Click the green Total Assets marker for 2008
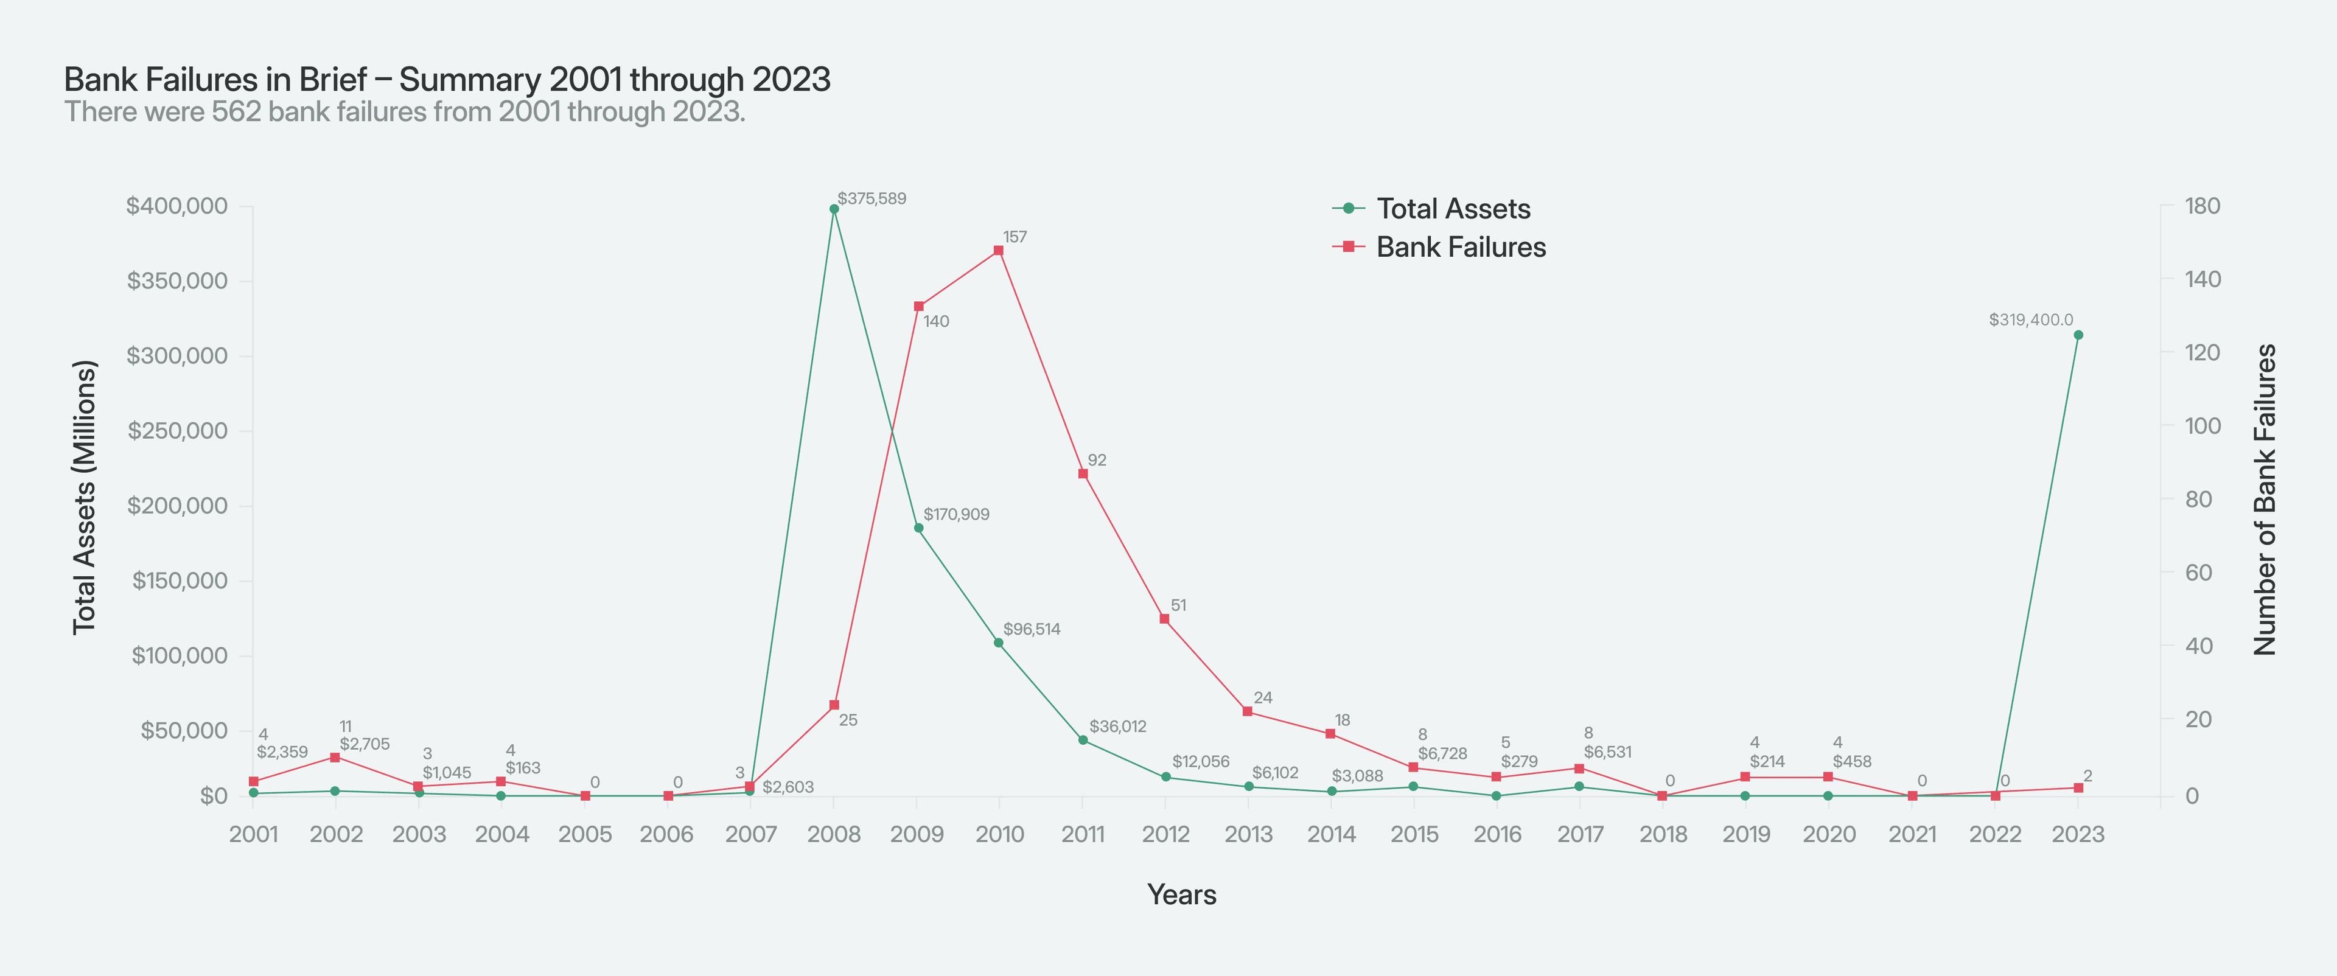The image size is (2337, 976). point(834,209)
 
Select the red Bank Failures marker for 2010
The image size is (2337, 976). point(998,250)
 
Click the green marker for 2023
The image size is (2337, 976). point(2078,335)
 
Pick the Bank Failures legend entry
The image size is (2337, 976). point(1460,246)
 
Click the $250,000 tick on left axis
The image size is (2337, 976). point(190,430)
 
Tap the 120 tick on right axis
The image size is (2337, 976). point(2202,352)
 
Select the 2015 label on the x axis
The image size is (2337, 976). point(1414,834)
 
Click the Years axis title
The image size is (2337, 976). point(1181,894)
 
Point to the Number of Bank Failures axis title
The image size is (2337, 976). point(2265,499)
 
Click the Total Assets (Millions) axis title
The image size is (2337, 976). point(85,497)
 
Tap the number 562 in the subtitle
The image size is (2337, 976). point(236,111)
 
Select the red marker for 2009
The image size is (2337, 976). point(918,307)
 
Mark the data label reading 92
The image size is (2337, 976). point(1097,460)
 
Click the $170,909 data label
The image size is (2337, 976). point(956,514)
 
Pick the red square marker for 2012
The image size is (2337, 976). point(1164,619)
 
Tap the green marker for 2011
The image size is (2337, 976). point(1082,740)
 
